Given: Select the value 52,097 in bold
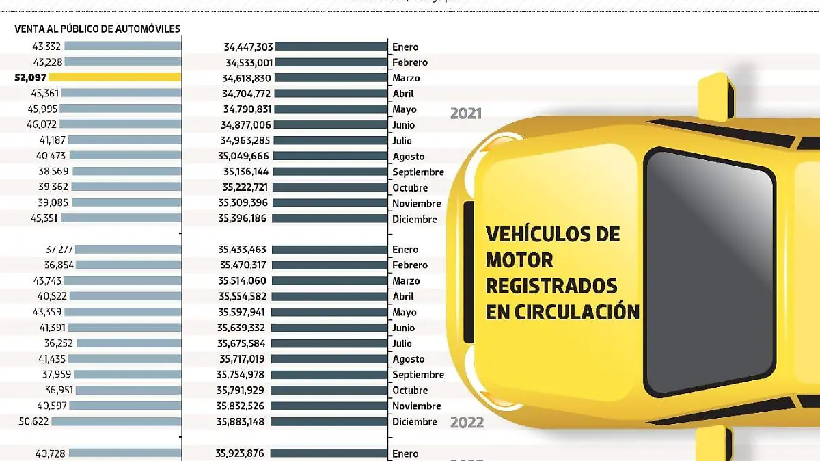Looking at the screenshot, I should [30, 78].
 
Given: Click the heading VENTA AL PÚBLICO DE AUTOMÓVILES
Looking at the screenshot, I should [98, 29].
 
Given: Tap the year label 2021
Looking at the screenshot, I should [466, 114].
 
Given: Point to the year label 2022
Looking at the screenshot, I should [467, 423].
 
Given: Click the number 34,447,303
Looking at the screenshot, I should [248, 47].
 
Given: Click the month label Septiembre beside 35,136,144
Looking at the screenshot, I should [418, 172].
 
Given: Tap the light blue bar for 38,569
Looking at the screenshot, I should [126, 171].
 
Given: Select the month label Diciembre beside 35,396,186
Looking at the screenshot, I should [414, 220].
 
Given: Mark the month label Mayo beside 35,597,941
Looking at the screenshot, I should [404, 313].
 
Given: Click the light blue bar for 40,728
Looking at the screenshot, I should [124, 453].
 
